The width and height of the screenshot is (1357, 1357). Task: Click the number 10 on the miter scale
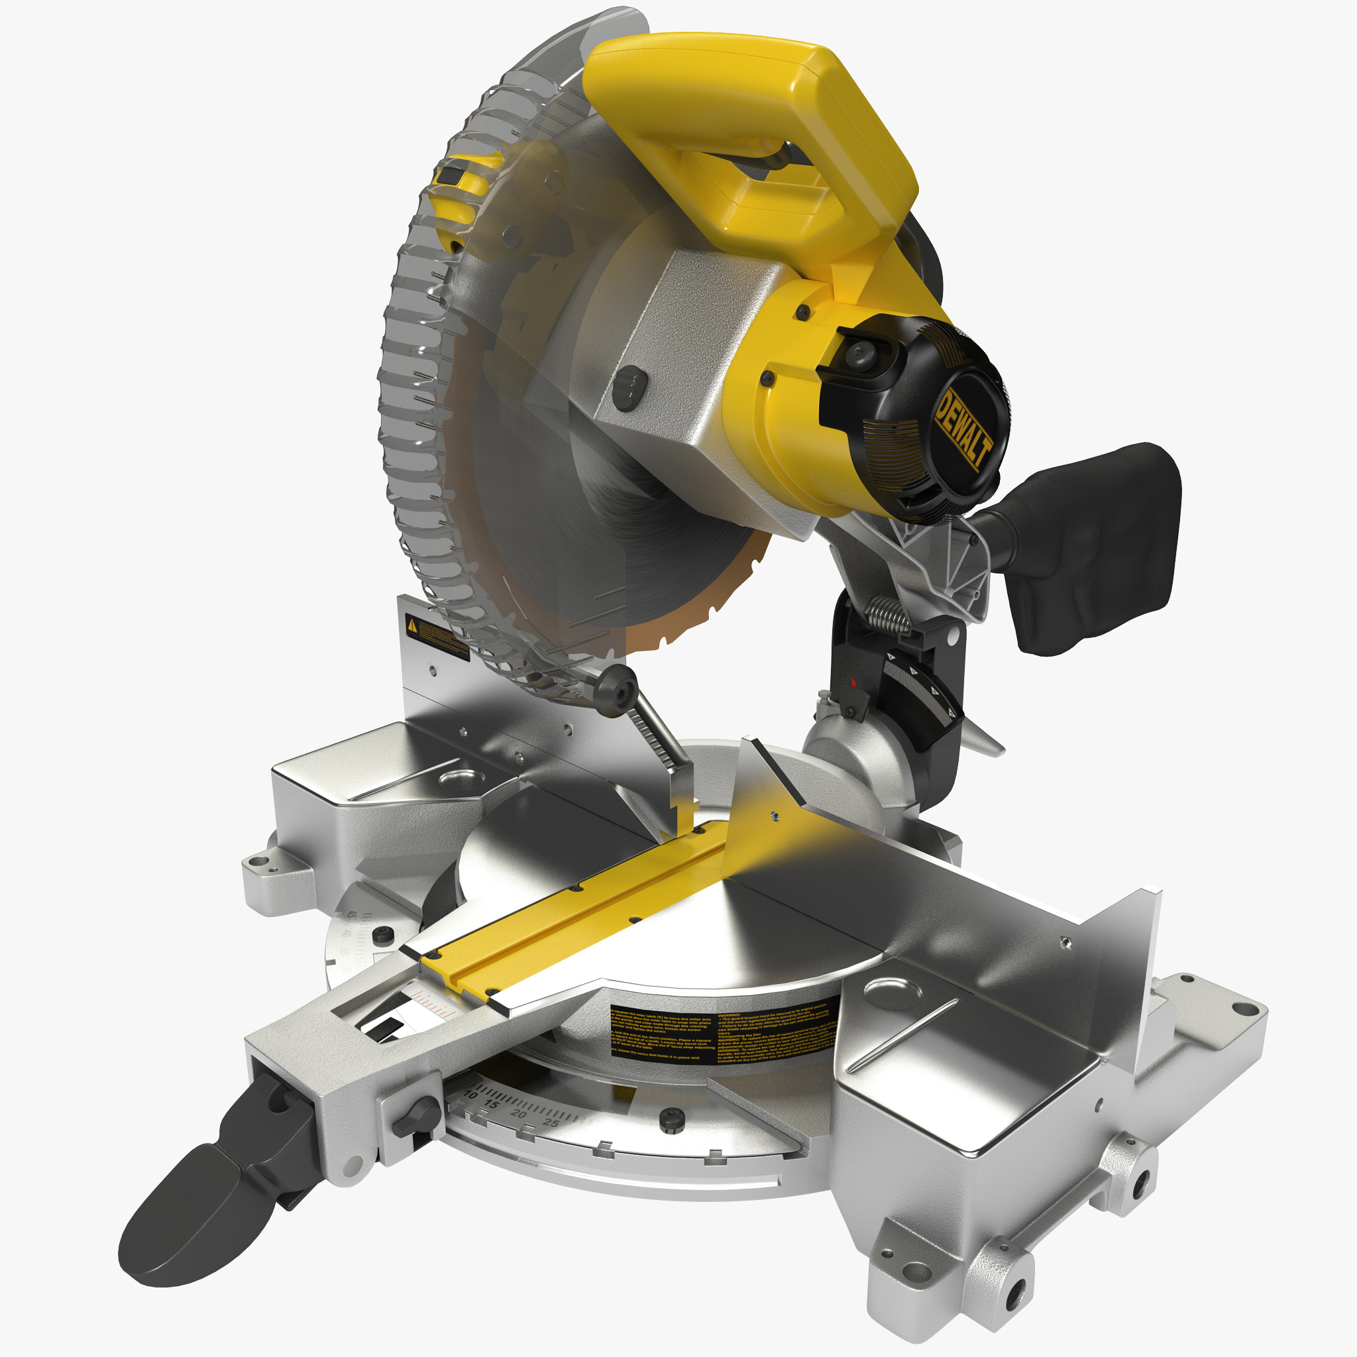(x=471, y=1095)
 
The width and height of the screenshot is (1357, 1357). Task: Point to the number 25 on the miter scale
(x=552, y=1122)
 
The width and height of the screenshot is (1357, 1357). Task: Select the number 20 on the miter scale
(x=518, y=1114)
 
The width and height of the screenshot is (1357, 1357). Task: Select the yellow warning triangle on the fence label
(x=413, y=625)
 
